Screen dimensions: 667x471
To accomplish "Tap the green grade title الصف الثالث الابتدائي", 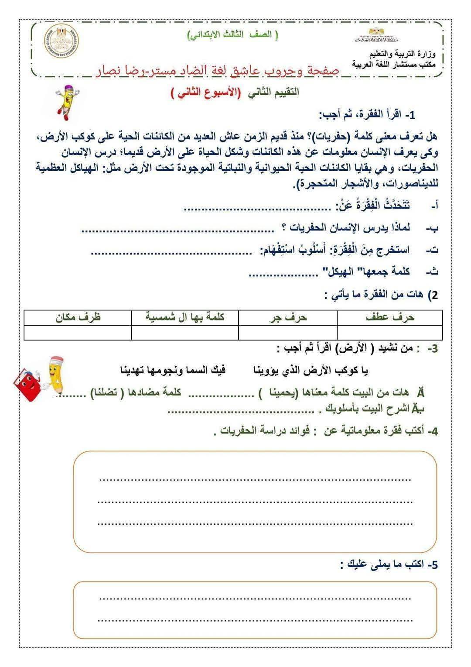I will [232, 35].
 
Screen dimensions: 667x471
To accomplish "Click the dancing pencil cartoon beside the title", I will [66, 101].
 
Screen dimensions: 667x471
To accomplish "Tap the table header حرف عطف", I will [390, 317].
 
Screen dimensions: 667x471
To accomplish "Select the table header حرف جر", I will [288, 317].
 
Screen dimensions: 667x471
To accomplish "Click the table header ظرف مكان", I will [78, 317].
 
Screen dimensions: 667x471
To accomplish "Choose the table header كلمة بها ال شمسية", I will [185, 317].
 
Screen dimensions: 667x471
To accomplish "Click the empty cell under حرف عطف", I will [390, 332].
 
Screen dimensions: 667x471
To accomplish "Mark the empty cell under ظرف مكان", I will [78, 332].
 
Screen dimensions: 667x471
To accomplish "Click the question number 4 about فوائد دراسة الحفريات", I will [432, 432].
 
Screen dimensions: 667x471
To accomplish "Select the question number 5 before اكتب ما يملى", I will [432, 565].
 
